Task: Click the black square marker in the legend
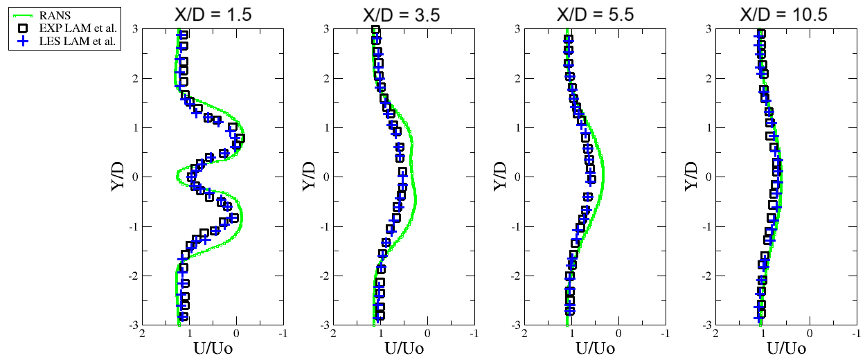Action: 24,28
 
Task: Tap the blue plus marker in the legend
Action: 24,41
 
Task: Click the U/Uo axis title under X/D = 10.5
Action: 787,348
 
